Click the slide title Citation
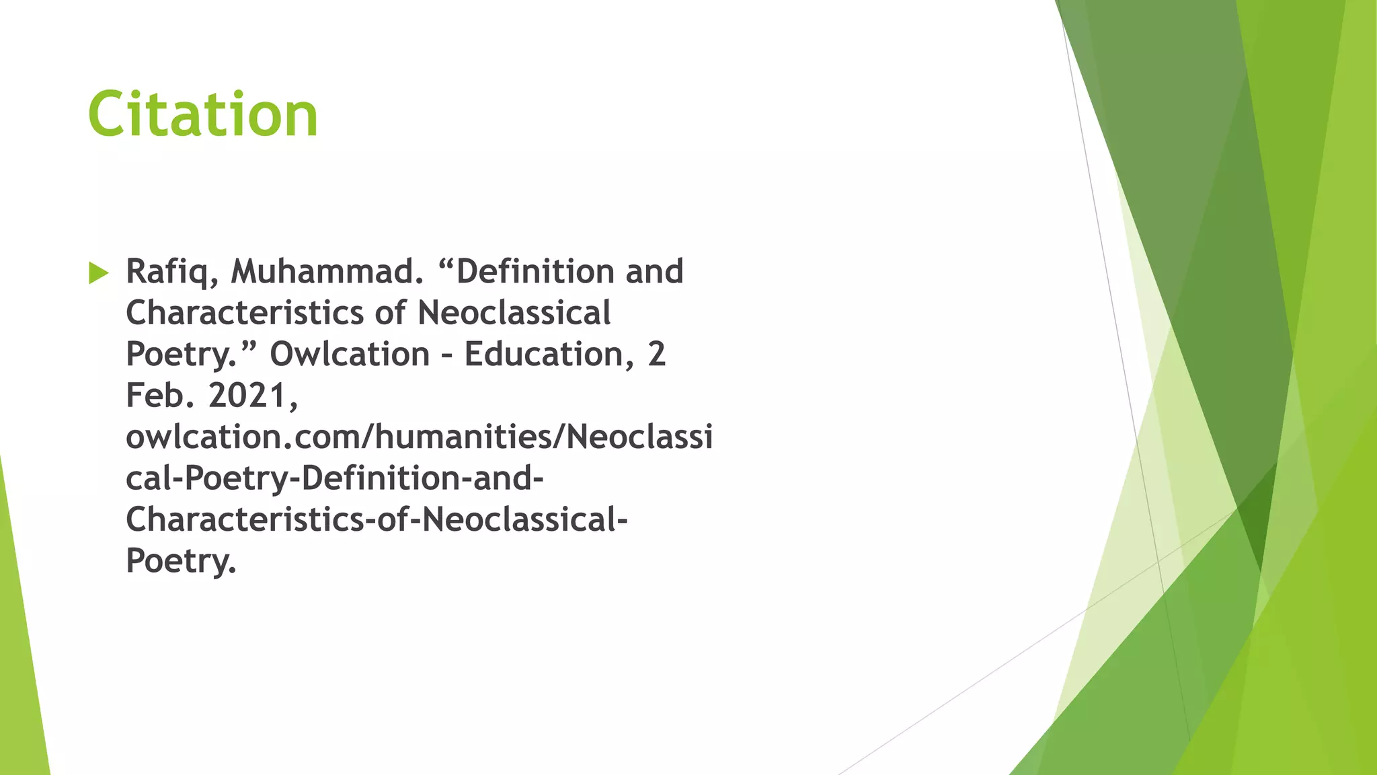202,114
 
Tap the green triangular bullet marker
98,273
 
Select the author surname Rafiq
171,272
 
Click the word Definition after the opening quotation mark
535,272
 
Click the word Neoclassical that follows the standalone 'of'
514,313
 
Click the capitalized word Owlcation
350,355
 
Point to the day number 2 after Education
657,355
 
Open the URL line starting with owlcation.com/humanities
419,437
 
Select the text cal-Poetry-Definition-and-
334,479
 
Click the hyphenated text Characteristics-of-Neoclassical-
377,520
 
